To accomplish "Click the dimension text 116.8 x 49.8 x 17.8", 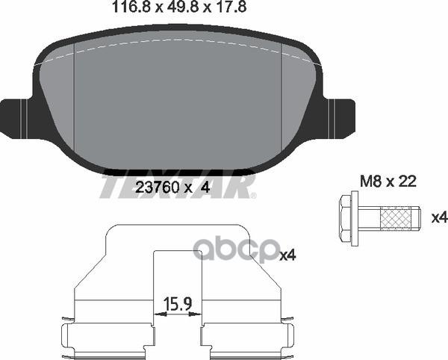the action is (179, 7).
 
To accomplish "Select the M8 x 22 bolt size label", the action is (388, 181).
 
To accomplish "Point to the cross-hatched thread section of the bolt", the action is (398, 218).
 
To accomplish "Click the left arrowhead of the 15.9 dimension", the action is (160, 314).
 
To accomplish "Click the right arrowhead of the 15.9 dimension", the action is (196, 314).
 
